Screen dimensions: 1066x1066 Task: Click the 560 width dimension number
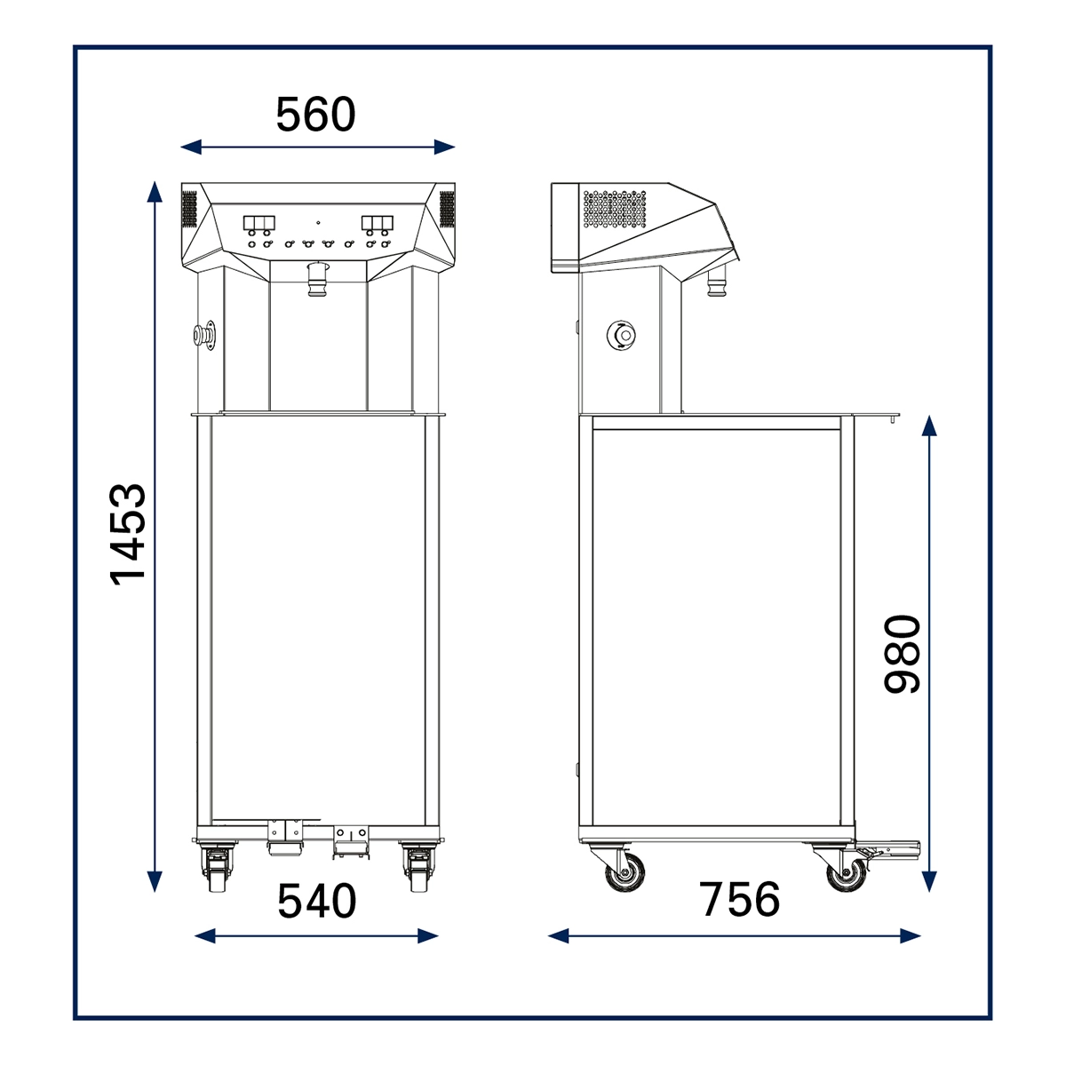click(x=315, y=115)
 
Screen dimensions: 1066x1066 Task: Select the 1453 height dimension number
click(x=128, y=535)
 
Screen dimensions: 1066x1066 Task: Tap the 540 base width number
click(x=316, y=901)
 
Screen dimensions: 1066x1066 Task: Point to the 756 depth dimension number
click(x=739, y=900)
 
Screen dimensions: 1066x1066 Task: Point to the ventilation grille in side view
click(x=615, y=209)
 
